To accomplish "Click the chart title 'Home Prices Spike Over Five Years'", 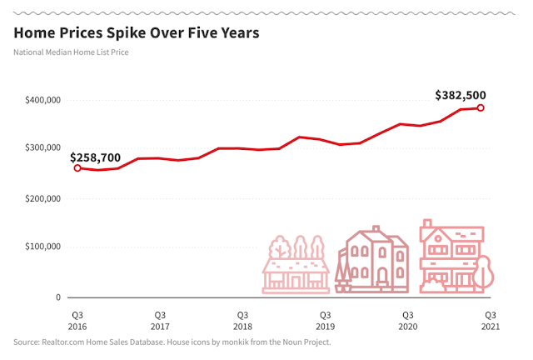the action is click(x=137, y=33).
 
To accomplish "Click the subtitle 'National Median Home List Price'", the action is click(x=71, y=52).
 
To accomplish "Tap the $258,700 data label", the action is click(x=95, y=157).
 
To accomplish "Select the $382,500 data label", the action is click(x=461, y=95).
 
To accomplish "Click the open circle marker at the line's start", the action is click(x=77, y=167).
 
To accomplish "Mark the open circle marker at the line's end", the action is click(x=481, y=107).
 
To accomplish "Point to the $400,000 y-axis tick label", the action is click(x=42, y=100).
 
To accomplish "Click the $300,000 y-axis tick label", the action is click(x=42, y=147).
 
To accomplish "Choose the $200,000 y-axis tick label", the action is click(x=42, y=198).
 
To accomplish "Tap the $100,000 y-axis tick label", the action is click(x=42, y=247).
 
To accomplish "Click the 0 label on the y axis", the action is click(x=58, y=297).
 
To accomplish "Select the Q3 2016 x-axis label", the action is click(x=77, y=321).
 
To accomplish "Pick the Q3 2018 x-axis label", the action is click(x=242, y=321).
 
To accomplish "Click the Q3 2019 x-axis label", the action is click(x=326, y=321).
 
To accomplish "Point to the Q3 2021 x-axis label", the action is click(x=491, y=321).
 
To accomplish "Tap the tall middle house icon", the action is click(x=372, y=259).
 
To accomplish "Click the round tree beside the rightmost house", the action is click(x=483, y=272).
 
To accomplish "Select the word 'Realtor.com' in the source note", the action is click(x=63, y=342).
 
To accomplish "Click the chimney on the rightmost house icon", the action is click(x=427, y=224).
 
